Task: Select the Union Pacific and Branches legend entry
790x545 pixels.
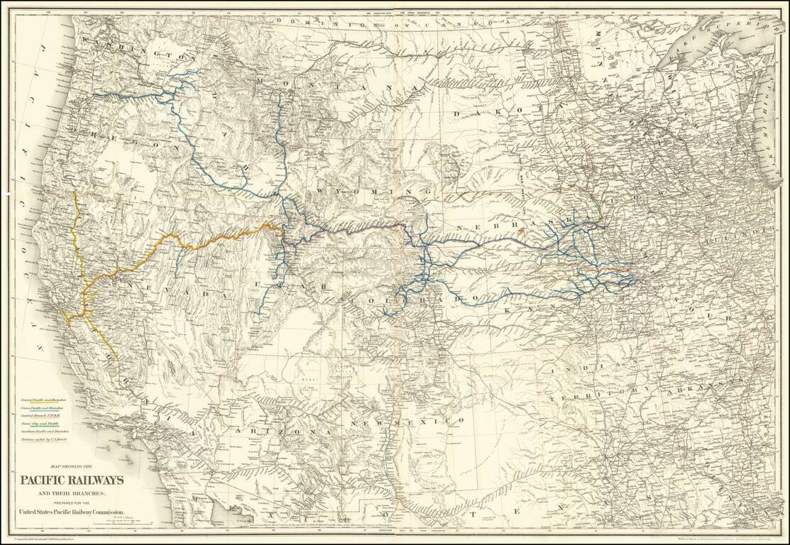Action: (x=42, y=409)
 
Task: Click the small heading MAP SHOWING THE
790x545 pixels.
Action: (x=72, y=466)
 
